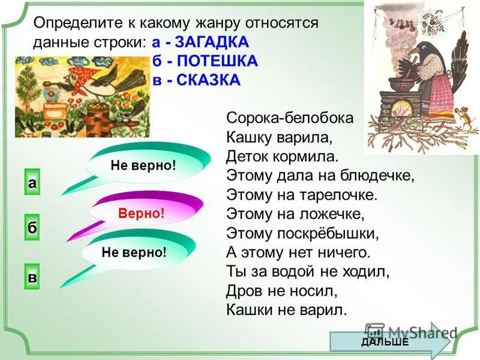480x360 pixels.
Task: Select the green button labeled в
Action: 32,278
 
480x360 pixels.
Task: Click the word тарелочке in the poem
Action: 343,194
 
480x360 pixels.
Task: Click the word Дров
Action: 244,290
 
